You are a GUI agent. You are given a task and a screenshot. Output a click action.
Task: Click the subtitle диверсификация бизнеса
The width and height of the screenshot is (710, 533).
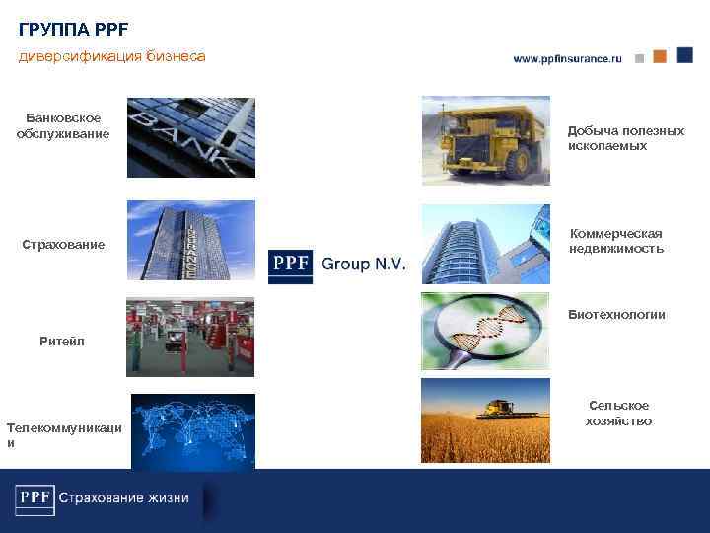pos(112,56)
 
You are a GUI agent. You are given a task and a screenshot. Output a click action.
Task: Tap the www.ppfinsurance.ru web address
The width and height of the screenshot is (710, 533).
pos(567,59)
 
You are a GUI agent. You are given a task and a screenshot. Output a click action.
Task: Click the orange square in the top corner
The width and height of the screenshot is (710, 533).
pos(659,56)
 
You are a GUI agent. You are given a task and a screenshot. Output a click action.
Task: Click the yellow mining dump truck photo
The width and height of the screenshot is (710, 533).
pos(485,139)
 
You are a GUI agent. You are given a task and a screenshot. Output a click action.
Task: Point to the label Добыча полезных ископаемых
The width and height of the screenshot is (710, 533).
pos(625,138)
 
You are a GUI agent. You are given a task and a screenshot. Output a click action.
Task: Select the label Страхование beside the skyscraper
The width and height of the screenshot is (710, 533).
pos(63,244)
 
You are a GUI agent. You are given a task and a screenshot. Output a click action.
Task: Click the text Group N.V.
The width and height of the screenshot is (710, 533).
pos(363,265)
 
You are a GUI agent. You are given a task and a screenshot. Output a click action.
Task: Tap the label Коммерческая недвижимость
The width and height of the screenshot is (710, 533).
pos(616,241)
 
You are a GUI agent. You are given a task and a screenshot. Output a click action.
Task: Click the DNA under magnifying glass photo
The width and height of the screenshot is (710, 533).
pos(485,331)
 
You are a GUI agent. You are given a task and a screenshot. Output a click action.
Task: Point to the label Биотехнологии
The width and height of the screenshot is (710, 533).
pos(616,315)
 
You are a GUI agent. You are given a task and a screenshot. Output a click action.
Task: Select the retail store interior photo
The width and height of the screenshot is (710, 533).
pos(190,337)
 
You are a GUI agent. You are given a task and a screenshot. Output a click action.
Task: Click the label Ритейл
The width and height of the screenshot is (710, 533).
pos(62,341)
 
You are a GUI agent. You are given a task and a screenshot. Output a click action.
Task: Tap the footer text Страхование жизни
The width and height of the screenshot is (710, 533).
pos(123,497)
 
